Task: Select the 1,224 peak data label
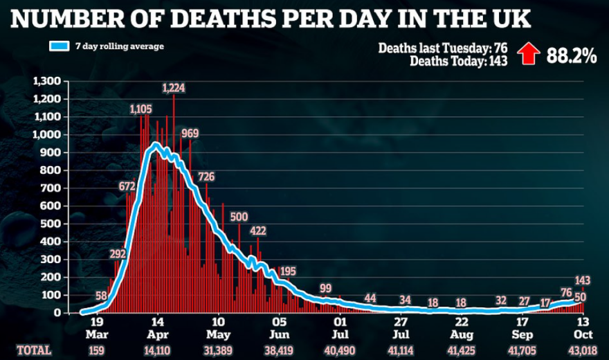(174, 87)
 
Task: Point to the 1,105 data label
(140, 109)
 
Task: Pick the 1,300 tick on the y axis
(48, 82)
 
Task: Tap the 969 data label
(190, 133)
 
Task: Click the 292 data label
(118, 253)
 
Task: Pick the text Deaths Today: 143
(459, 61)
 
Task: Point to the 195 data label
(287, 271)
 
